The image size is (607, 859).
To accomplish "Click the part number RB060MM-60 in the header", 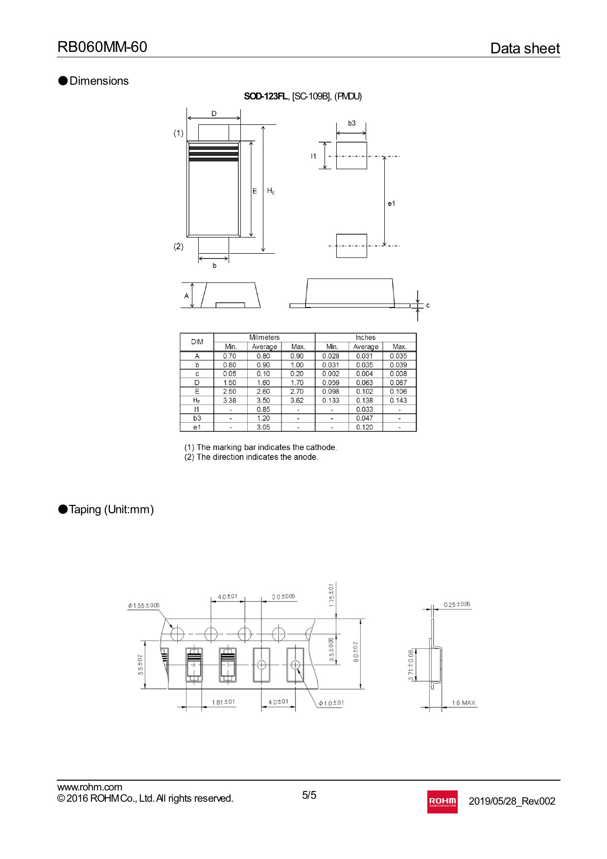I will click(x=102, y=47).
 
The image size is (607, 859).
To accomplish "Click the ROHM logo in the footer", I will click(x=442, y=801).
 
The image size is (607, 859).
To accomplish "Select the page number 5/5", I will click(x=309, y=795).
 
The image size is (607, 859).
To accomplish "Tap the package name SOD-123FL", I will click(x=266, y=96).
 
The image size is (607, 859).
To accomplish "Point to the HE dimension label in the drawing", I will click(x=271, y=191).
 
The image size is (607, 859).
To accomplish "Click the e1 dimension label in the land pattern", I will click(x=391, y=204).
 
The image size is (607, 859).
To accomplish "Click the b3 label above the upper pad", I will click(x=351, y=123).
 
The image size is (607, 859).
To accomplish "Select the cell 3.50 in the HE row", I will click(x=263, y=401).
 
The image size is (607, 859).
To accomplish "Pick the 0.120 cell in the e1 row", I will click(x=365, y=427).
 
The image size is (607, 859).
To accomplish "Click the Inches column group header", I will click(x=365, y=337).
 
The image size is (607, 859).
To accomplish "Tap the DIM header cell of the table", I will click(x=197, y=342).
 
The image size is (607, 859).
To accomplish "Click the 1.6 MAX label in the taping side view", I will click(x=464, y=703).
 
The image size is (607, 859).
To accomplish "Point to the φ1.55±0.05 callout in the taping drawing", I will click(x=143, y=606).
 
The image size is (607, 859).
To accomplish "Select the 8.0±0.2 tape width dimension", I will click(x=356, y=652).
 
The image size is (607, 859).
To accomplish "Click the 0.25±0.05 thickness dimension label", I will click(x=457, y=604).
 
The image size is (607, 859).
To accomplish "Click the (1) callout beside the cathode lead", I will click(x=179, y=133).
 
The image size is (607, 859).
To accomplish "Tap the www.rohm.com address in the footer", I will click(x=90, y=787).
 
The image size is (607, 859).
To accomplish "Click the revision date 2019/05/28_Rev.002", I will click(x=512, y=801).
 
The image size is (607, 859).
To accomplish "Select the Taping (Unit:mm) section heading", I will click(x=111, y=509).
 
